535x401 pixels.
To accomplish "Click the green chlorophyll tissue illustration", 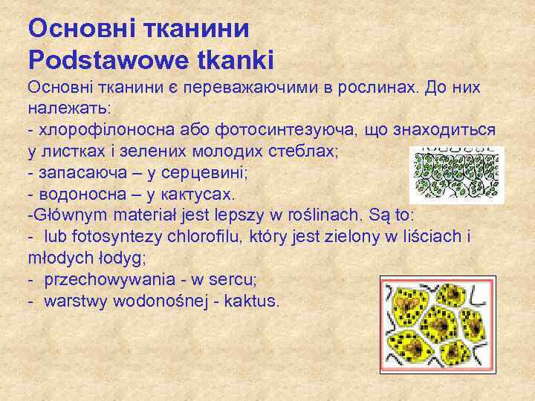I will click(x=457, y=174).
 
